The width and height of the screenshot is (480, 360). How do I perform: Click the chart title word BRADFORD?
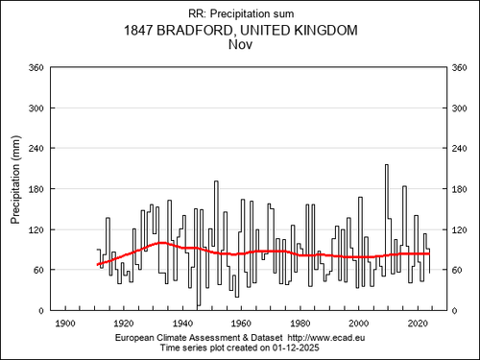point(195,31)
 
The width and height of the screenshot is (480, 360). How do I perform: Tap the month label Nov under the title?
point(240,44)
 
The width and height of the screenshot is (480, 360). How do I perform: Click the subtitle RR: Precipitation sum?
point(241,13)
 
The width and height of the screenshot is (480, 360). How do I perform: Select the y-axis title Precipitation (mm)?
point(15,180)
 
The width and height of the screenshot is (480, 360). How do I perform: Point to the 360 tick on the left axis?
point(36,68)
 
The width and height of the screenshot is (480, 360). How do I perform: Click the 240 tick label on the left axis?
point(36,149)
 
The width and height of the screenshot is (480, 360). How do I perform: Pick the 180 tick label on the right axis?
point(460,189)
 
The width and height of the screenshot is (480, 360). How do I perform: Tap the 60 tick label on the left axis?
point(38,270)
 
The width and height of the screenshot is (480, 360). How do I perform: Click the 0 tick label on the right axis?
point(454,311)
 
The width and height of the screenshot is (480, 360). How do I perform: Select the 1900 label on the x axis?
point(65,324)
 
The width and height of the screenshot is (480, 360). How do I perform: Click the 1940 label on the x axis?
point(182,324)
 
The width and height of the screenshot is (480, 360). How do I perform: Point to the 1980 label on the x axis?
point(300,324)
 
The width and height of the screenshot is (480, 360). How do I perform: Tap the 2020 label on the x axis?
point(418,324)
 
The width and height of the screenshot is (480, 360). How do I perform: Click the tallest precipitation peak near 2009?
point(387,165)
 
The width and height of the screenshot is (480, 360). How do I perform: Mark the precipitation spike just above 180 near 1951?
point(216,181)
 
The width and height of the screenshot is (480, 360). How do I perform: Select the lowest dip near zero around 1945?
point(199,305)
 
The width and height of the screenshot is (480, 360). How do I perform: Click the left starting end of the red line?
point(98,265)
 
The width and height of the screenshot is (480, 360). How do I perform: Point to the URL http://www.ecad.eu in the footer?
point(326,338)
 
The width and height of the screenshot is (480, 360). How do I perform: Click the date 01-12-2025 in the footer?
point(296,348)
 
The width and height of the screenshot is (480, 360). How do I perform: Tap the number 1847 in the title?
point(137,31)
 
